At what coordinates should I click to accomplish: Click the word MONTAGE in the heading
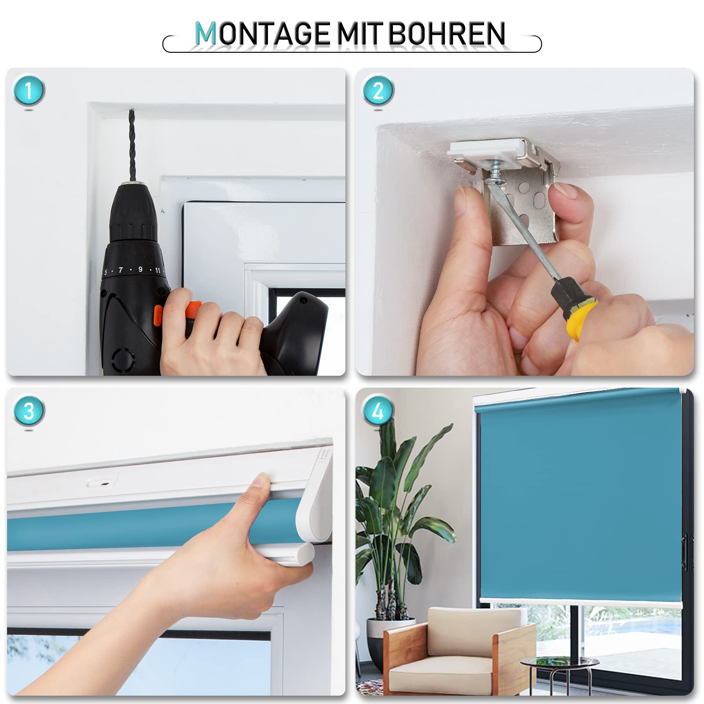tap(262, 34)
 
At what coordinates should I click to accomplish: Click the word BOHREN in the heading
tap(447, 34)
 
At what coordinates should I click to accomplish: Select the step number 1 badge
tap(29, 91)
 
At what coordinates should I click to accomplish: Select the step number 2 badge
tap(378, 91)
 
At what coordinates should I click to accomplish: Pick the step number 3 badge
tap(29, 411)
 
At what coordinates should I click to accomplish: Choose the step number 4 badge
tap(378, 411)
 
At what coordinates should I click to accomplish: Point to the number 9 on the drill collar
tap(140, 269)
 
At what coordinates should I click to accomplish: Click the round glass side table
tap(559, 663)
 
